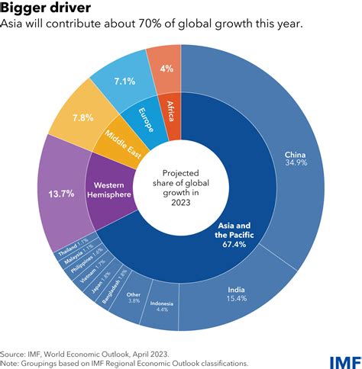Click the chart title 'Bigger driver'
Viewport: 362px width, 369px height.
pos(47,8)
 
